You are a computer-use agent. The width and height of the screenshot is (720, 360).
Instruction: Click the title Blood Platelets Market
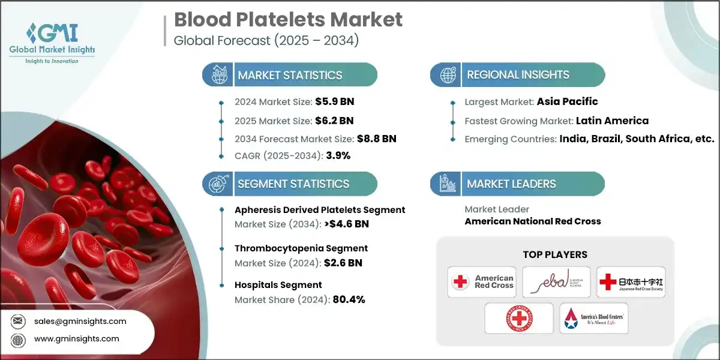coord(288,20)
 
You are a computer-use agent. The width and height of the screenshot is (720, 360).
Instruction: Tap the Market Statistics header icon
coord(217,75)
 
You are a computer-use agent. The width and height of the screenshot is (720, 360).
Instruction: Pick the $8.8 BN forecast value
coord(377,139)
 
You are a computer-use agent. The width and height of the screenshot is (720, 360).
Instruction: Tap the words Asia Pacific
coord(567,101)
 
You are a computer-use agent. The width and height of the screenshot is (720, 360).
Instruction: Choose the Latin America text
coord(612,121)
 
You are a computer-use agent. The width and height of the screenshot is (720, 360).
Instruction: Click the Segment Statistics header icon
coord(217,184)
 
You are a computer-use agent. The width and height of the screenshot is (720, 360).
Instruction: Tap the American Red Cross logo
coord(481,282)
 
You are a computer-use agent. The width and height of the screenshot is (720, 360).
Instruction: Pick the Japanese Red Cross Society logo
coord(631,282)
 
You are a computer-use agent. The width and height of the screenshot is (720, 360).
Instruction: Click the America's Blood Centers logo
coord(593,319)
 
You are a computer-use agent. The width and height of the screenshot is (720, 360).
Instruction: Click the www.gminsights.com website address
coord(77,338)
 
